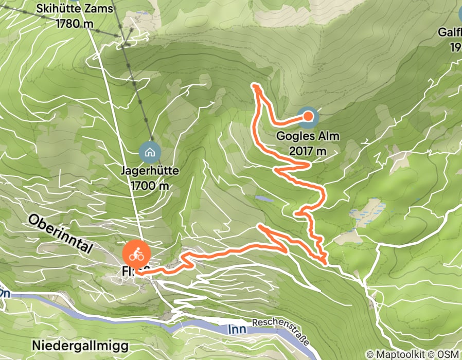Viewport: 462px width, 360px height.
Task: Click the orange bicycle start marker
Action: (x=136, y=254)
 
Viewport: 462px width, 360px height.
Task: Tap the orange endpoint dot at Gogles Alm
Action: (x=308, y=116)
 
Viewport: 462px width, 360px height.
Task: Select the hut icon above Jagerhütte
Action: (x=150, y=152)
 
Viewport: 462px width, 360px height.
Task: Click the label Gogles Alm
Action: (x=303, y=137)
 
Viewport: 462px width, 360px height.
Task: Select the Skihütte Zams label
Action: (x=76, y=9)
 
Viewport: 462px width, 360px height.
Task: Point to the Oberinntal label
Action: (x=60, y=234)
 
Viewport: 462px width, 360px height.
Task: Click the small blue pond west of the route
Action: (x=263, y=199)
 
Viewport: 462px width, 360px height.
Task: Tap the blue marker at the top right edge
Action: (x=459, y=13)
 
